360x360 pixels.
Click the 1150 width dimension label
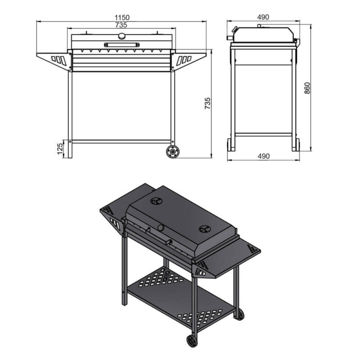122,18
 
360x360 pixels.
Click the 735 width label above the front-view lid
121,25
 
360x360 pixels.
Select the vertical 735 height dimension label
207,103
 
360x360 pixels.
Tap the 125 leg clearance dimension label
60,148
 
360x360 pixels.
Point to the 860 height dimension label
307,88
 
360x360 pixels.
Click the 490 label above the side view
263,17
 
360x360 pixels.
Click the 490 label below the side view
264,156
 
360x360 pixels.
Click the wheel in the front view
173,152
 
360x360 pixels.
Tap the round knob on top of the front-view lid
121,36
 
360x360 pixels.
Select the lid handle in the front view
121,45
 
